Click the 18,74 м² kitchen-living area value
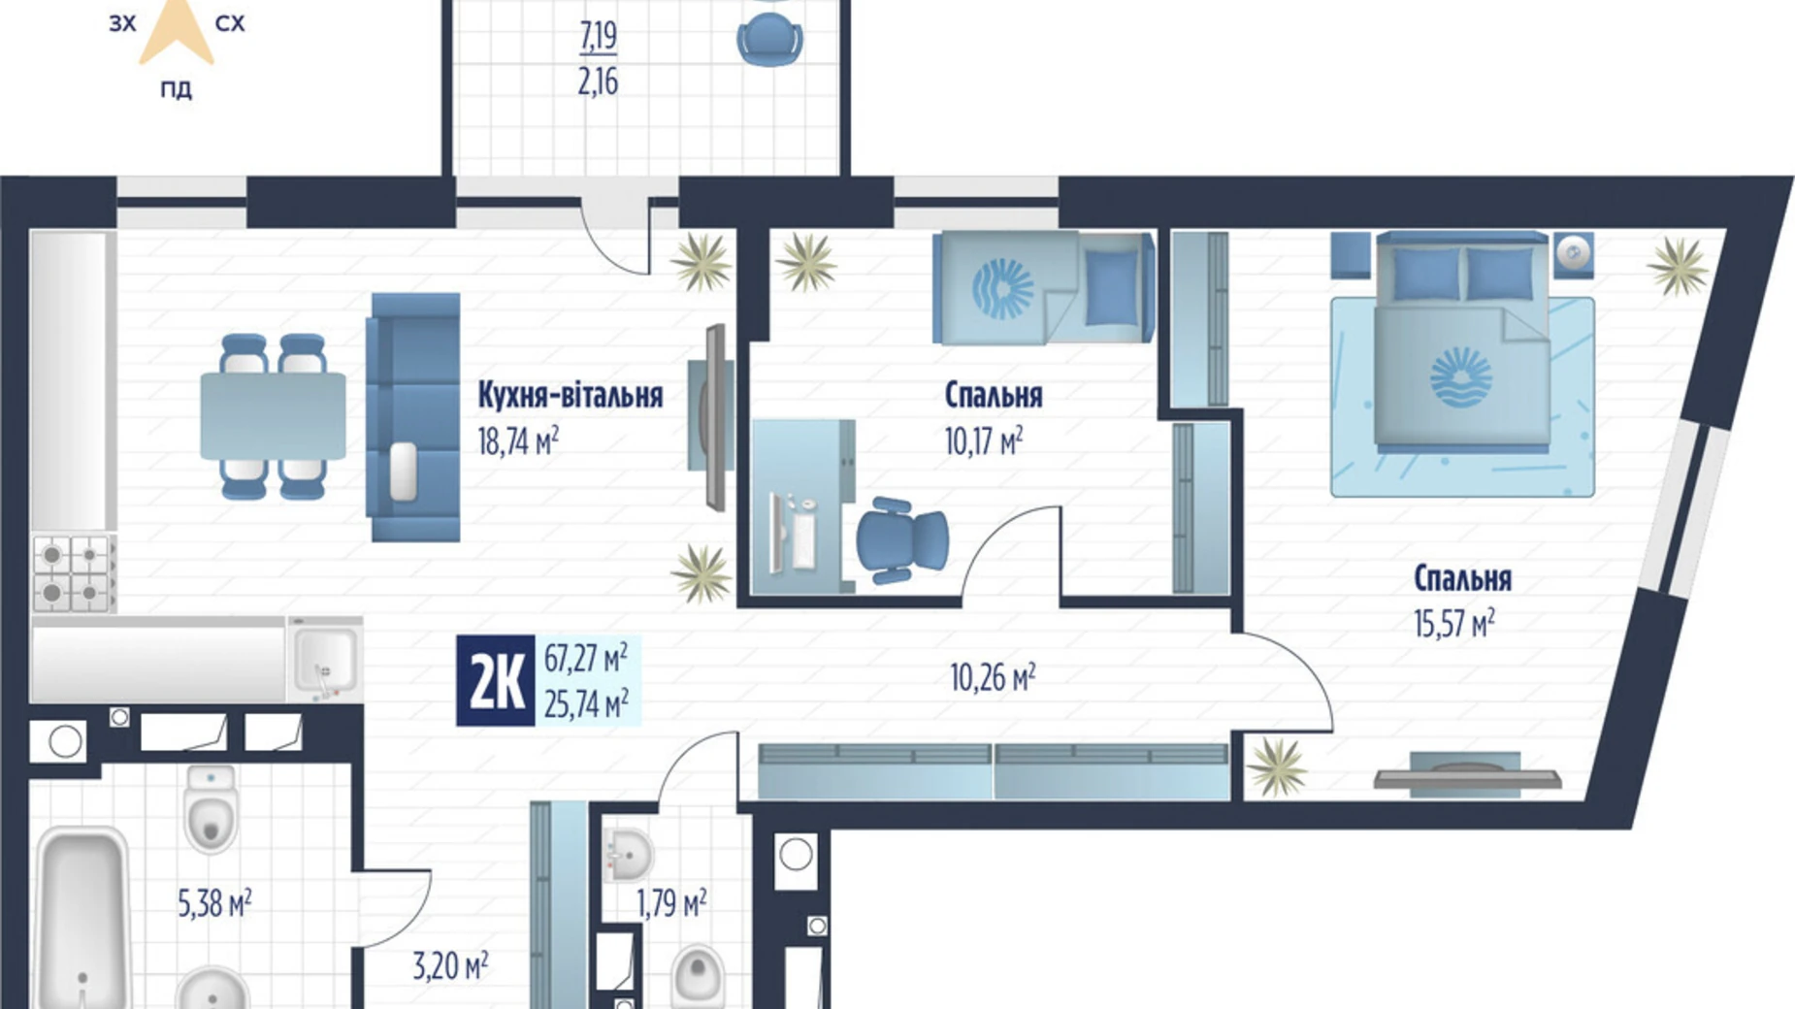517,442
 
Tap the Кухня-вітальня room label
570,395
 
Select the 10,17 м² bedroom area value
983,442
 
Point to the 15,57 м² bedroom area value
1453,623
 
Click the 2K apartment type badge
496,681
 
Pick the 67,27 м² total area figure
585,659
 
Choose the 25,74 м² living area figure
585,704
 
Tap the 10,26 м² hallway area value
992,677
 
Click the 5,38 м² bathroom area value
214,904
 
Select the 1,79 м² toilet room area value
670,904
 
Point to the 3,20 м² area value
450,966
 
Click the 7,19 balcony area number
598,37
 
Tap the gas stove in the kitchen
73,573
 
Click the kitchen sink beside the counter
325,659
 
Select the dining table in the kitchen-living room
273,416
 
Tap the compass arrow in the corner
176,29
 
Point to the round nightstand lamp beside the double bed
1573,254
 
